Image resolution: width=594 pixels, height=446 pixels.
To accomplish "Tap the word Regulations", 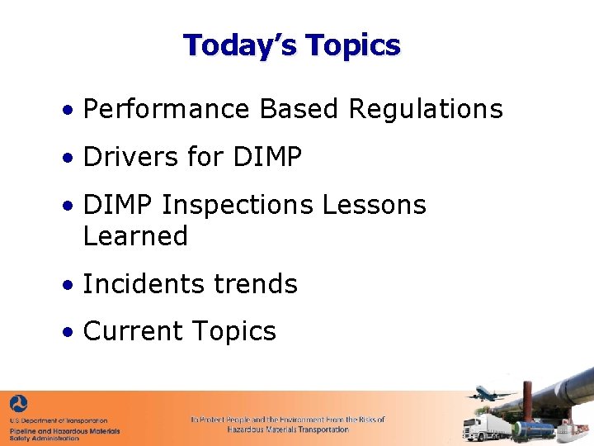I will [426, 109].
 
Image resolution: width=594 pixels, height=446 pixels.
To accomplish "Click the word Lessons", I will [375, 205].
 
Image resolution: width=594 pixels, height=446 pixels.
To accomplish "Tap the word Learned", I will [135, 236].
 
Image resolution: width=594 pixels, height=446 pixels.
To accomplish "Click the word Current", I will [130, 331].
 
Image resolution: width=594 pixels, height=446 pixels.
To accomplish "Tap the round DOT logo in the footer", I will [18, 405].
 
